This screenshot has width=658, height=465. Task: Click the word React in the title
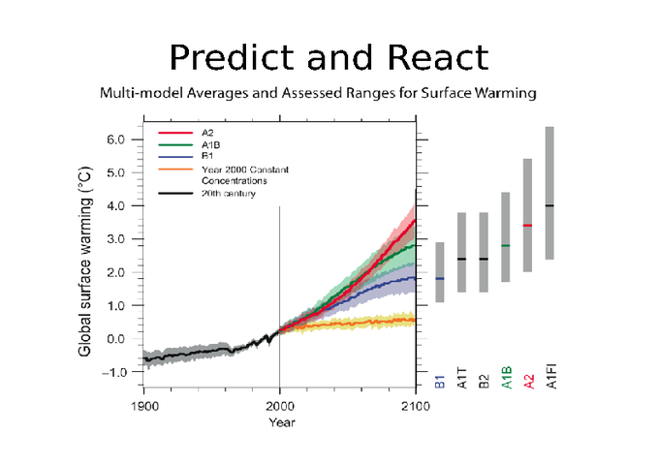[x=437, y=58]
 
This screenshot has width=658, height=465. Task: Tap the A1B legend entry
[x=211, y=144]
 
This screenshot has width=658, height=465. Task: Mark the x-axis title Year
[x=281, y=421]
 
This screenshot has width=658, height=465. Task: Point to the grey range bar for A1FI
[x=549, y=194]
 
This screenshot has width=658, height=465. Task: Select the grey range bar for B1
[x=440, y=272]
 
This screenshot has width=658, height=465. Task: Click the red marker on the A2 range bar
[x=527, y=225]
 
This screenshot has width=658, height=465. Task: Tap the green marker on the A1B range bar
[x=505, y=245]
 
